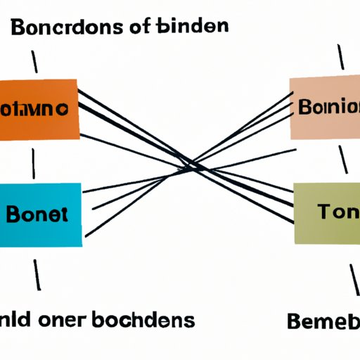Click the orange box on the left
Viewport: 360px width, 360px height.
click(x=39, y=110)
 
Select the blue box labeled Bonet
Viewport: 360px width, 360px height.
click(x=40, y=215)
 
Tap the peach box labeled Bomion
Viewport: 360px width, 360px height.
click(x=326, y=109)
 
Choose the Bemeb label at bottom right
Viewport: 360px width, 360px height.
click(x=323, y=323)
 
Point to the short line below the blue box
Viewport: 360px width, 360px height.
click(x=36, y=274)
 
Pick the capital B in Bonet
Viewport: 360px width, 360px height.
click(x=15, y=215)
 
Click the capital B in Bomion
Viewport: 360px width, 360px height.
click(x=304, y=110)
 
